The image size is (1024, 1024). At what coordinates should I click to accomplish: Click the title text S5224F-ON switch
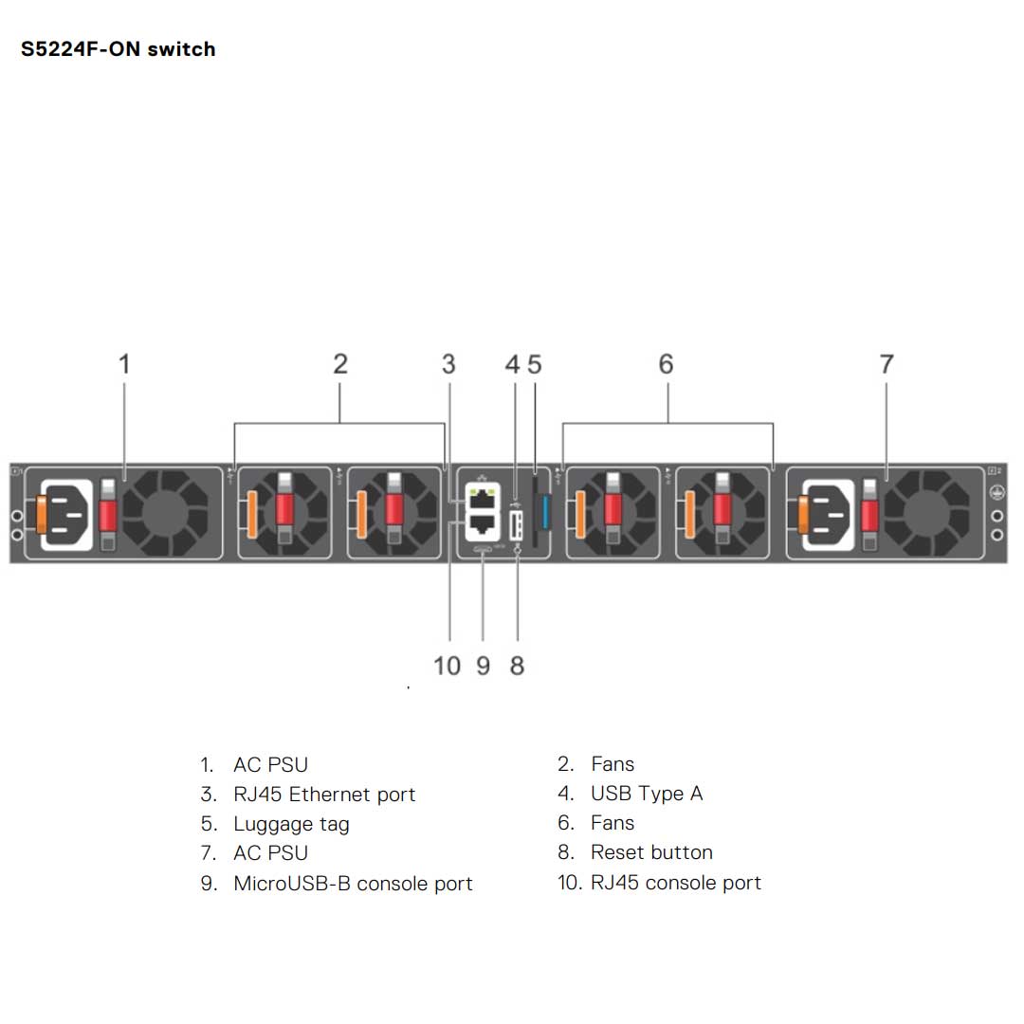click(x=118, y=49)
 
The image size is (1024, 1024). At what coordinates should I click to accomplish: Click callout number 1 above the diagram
click(x=124, y=364)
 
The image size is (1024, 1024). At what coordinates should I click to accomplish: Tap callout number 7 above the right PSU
click(x=887, y=364)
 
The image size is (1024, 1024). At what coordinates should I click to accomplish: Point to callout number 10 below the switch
click(x=447, y=667)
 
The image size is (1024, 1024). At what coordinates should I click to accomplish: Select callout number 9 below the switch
click(x=484, y=667)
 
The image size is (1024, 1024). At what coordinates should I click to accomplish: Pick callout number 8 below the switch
click(x=517, y=667)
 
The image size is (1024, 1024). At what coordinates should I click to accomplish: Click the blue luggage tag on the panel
click(x=544, y=512)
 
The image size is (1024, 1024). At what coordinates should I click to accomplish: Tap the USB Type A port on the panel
click(x=517, y=525)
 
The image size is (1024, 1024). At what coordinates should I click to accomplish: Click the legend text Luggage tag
click(x=291, y=824)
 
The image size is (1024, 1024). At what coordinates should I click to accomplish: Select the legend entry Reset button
click(x=651, y=852)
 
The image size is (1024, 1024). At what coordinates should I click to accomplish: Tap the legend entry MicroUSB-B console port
click(x=353, y=884)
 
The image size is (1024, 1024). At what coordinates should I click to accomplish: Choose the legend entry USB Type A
click(x=647, y=794)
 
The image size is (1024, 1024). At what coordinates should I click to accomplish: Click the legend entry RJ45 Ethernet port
click(x=324, y=795)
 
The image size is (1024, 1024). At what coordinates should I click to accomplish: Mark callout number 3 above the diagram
click(x=448, y=364)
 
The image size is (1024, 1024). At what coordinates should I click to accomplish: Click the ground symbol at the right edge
click(x=997, y=493)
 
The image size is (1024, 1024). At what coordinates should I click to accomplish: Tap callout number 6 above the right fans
click(x=666, y=364)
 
